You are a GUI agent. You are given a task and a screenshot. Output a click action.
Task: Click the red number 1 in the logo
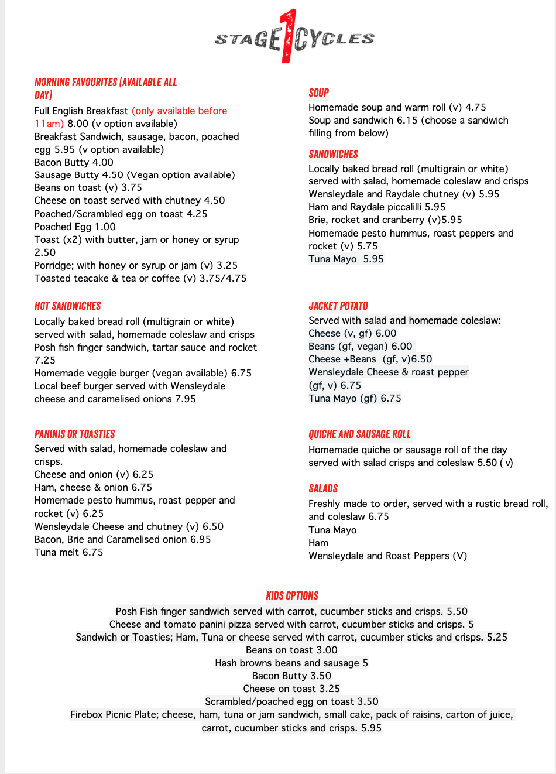287,36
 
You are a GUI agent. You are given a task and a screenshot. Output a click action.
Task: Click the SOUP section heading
319,93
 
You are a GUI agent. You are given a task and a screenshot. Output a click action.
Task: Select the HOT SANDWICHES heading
67,306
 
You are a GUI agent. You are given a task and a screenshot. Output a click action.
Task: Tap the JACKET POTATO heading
338,306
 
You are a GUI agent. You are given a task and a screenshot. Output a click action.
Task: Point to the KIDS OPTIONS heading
292,595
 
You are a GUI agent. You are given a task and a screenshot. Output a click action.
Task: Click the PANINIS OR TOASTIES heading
74,434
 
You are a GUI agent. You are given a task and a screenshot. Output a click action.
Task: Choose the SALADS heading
323,488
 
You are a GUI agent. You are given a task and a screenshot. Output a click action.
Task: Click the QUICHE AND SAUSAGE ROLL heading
359,434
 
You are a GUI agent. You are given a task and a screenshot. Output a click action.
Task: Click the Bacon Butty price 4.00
103,162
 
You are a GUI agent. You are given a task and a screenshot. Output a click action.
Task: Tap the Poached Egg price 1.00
105,227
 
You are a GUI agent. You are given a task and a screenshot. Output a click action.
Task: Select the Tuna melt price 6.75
92,552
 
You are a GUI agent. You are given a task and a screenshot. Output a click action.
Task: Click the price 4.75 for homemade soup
476,107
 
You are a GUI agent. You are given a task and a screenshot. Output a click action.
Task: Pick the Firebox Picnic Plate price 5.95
371,728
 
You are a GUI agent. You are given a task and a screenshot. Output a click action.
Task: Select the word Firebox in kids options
87,714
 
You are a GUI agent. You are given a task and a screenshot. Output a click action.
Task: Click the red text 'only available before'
179,111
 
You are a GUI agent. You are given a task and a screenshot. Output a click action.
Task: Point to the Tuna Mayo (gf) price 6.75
391,398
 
